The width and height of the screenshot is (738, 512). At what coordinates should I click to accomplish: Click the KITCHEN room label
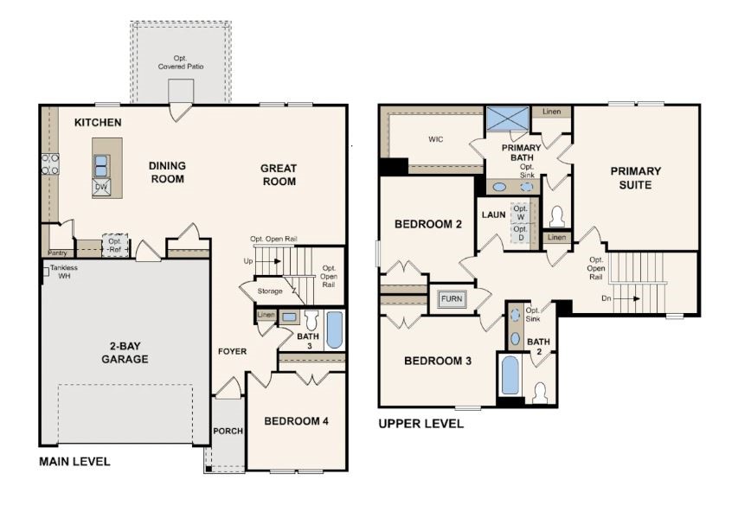pos(98,123)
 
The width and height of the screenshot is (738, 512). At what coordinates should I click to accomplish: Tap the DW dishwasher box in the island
pos(102,186)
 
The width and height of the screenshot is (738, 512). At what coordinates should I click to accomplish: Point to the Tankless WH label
pos(63,272)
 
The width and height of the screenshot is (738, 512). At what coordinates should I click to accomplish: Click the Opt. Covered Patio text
pos(180,62)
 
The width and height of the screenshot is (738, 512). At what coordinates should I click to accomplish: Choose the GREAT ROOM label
pos(279,175)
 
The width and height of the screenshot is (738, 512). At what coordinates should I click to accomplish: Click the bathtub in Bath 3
pos(334,329)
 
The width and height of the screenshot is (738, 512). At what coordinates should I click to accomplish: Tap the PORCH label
pos(228,432)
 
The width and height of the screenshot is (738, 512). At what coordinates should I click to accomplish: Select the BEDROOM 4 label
pos(296,421)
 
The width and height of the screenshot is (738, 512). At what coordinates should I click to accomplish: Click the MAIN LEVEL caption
pos(74,462)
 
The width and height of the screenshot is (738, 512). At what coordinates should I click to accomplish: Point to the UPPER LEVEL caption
pos(420,424)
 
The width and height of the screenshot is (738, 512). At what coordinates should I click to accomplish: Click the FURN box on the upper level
pos(451,298)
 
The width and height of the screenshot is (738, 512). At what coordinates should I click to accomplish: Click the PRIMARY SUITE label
pos(636,177)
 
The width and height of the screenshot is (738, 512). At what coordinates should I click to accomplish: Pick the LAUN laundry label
pos(493,214)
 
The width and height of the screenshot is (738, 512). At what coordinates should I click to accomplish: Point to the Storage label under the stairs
pos(269,291)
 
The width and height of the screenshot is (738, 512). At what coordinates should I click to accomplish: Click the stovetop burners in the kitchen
pos(49,163)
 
